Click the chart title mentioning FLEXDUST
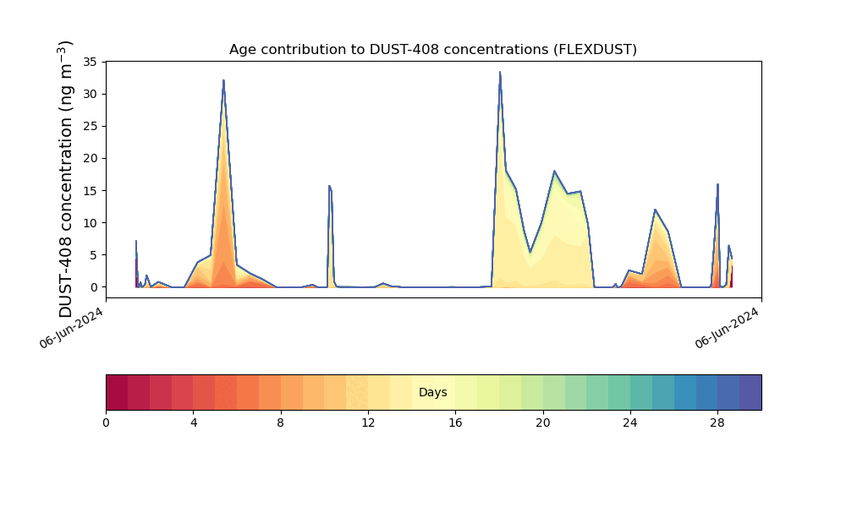[x=432, y=50]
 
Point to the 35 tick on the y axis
[x=91, y=62]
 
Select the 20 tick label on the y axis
[x=91, y=158]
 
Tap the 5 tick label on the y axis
[x=94, y=255]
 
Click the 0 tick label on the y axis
[x=94, y=287]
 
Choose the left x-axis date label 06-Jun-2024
[x=71, y=328]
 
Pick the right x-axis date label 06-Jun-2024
[x=727, y=328]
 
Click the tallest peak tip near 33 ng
[x=500, y=72]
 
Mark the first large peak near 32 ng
[x=223, y=80]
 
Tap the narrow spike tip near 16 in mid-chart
[x=330, y=186]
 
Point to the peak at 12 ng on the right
[x=655, y=210]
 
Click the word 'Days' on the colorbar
[x=432, y=392]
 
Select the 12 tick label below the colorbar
[x=368, y=423]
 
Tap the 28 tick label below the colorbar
[x=717, y=423]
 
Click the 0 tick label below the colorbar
[x=107, y=423]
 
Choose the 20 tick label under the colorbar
[x=543, y=423]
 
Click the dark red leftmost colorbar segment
[x=117, y=392]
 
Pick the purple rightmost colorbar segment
[x=750, y=392]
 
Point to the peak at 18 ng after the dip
[x=554, y=172]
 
